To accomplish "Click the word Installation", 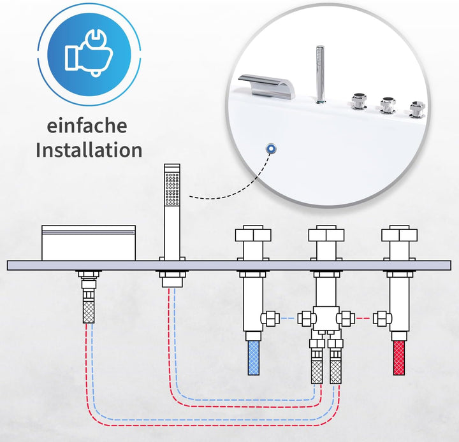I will click(89, 150).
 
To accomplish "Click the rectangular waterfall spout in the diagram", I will click(89, 243).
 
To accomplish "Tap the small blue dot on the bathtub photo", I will click(272, 148).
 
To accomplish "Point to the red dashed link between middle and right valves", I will click(363, 317).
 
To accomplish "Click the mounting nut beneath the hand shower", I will click(172, 279).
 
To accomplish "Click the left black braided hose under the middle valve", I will click(317, 370).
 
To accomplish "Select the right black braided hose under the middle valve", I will click(335, 370).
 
